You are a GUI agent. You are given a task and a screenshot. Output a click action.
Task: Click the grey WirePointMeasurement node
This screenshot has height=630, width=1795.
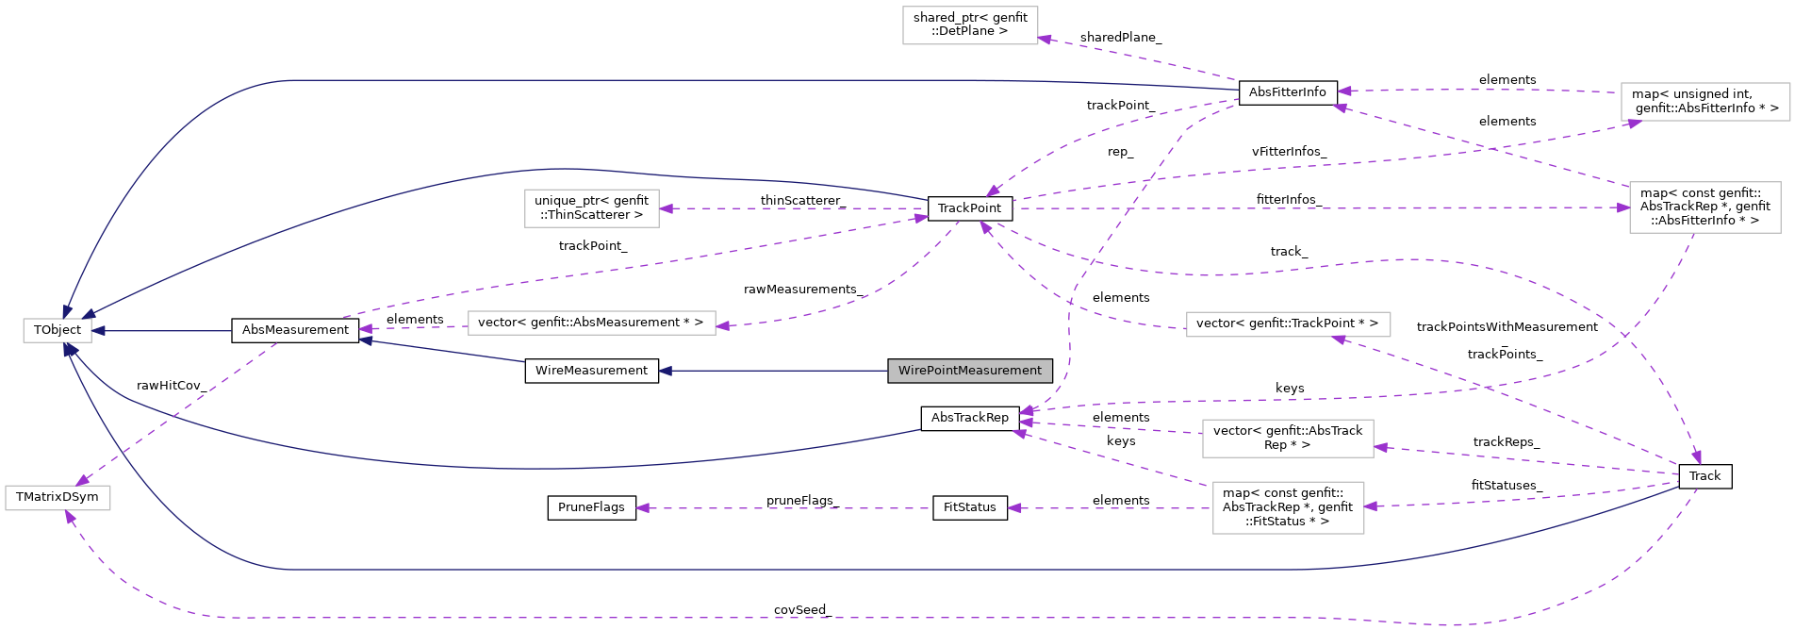point(969,371)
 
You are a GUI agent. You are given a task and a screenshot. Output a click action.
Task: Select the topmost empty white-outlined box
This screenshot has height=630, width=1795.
point(970,25)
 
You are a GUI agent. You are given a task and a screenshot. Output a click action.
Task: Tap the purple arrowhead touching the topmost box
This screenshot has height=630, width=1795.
point(1045,39)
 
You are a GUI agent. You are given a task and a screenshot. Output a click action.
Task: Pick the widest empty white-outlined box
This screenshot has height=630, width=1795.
point(591,323)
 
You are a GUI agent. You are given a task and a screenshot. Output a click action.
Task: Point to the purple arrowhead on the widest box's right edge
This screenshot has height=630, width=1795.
point(722,326)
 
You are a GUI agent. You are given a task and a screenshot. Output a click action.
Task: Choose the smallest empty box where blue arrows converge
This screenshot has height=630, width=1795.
point(58,331)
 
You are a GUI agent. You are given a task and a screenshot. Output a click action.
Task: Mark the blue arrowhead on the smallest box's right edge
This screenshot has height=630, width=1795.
point(98,331)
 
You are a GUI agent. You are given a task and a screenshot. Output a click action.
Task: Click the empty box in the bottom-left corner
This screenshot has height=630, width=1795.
point(58,498)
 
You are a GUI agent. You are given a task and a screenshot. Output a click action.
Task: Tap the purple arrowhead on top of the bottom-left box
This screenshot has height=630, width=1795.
point(82,481)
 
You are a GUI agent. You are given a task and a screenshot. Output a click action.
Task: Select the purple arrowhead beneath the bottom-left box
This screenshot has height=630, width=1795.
point(69,516)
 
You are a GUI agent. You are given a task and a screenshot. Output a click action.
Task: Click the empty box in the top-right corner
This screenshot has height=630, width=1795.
point(1704,102)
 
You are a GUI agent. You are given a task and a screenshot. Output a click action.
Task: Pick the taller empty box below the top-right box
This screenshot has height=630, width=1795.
point(1704,207)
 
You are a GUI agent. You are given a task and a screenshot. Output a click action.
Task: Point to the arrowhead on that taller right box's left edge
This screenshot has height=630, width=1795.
point(1623,207)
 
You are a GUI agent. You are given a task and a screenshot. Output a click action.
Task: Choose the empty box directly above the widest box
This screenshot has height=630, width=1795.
point(591,208)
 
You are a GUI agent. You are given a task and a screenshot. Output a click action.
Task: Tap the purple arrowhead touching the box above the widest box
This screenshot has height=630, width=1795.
point(666,208)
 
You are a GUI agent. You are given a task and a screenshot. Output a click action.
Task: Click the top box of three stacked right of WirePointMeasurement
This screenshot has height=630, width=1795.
point(1288,324)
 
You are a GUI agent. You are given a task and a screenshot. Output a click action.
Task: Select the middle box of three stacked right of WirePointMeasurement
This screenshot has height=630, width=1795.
point(1288,439)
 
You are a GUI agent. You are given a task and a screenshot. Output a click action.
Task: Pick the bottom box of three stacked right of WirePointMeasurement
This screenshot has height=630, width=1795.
point(1288,507)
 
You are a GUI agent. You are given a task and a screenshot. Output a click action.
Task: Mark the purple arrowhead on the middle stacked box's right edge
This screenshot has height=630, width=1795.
point(1380,447)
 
